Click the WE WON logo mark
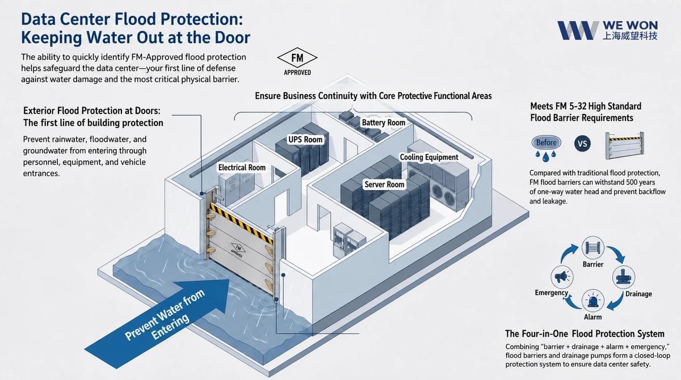click(x=578, y=31)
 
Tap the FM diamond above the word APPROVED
click(x=297, y=58)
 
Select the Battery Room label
click(x=384, y=123)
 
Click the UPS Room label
click(x=305, y=140)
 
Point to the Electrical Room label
click(x=242, y=168)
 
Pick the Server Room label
click(x=384, y=184)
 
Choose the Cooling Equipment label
click(x=428, y=157)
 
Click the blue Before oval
click(x=546, y=143)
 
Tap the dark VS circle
click(x=582, y=143)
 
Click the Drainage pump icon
click(x=623, y=277)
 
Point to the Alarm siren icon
click(x=593, y=301)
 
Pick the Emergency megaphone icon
click(x=562, y=277)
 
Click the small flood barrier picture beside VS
click(x=624, y=146)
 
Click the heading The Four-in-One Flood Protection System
click(x=585, y=334)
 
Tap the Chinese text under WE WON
click(x=630, y=36)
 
